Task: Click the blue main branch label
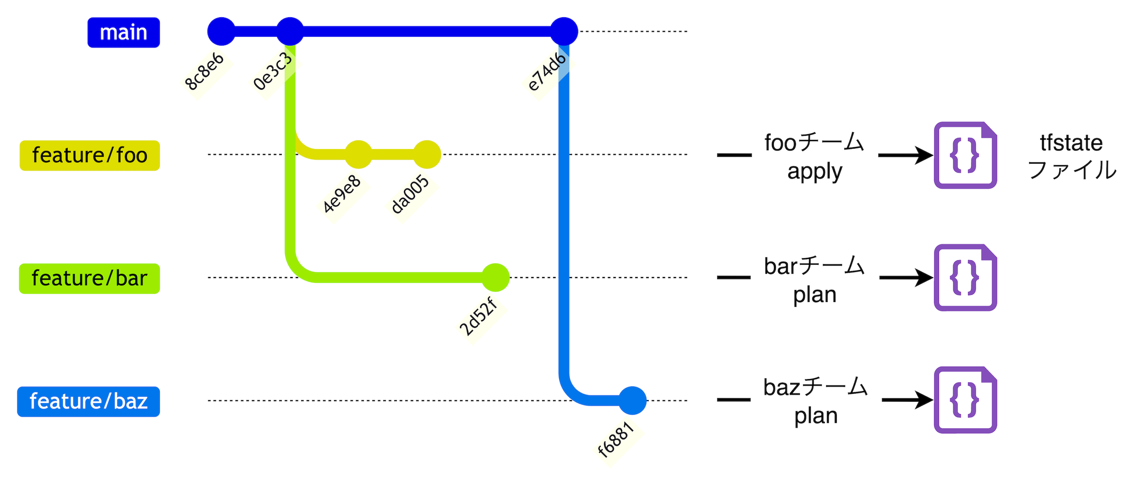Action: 123,33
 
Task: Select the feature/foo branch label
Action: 89,155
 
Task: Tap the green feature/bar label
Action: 89,279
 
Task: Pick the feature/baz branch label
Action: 88,402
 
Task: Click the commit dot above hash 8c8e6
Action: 221,32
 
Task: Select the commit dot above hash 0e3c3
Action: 290,32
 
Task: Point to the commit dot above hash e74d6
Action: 564,32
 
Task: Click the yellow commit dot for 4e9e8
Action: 358,154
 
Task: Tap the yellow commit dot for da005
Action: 427,154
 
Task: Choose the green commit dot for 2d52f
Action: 495,278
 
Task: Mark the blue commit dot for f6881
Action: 632,400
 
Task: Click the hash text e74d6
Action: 546,72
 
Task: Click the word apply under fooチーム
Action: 815,172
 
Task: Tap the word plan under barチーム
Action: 815,294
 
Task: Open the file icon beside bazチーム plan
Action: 965,400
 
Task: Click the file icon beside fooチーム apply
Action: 965,155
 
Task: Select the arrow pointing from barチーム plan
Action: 906,278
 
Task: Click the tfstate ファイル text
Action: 1071,156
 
